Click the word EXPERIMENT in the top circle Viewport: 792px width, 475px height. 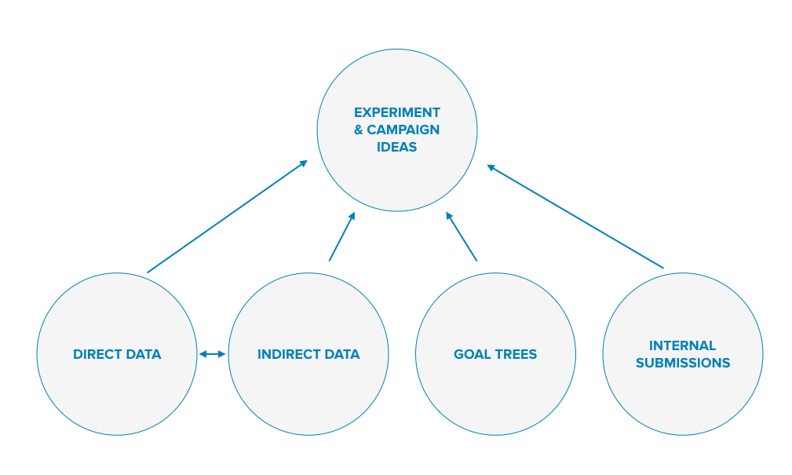[x=397, y=112]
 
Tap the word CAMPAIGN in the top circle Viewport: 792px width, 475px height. [x=403, y=130]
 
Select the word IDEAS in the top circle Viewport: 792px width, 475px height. [x=397, y=147]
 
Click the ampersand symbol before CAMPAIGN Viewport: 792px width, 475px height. [x=359, y=130]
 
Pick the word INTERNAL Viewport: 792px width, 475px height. [x=682, y=345]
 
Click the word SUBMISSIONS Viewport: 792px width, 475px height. [x=683, y=363]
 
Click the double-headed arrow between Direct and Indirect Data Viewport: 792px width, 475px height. [x=212, y=354]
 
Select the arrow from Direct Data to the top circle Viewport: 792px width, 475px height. [x=228, y=216]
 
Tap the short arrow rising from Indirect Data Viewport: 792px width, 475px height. [x=342, y=236]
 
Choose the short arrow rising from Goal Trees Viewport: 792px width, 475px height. [x=462, y=236]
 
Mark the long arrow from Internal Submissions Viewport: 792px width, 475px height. [x=575, y=216]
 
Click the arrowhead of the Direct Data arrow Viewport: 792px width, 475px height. [x=304, y=163]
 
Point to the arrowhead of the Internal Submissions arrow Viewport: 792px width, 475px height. [x=491, y=166]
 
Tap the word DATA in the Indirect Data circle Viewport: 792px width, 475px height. [x=343, y=354]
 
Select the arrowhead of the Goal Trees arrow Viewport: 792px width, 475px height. [x=448, y=216]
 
